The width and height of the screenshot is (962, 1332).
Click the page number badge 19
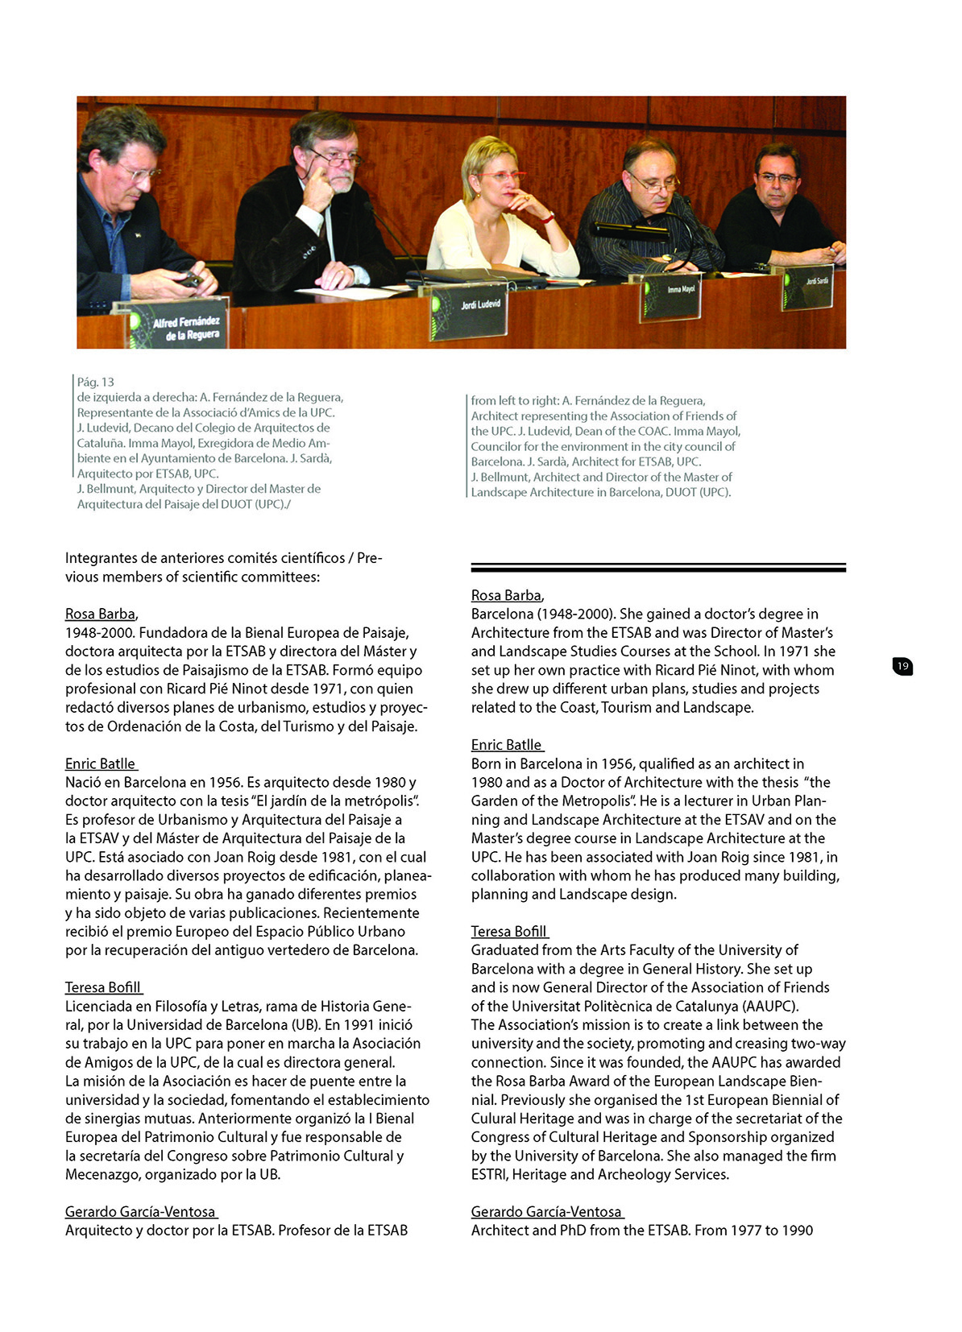[902, 666]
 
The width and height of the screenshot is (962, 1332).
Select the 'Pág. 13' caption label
[96, 382]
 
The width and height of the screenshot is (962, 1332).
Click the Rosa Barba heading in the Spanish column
[101, 614]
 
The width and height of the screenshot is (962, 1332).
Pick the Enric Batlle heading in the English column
[507, 745]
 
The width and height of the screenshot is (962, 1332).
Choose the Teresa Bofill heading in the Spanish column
[103, 987]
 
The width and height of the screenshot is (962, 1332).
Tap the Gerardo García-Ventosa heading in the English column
[546, 1211]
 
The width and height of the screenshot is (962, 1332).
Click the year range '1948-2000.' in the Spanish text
[100, 633]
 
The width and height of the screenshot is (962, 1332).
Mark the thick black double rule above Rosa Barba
[658, 568]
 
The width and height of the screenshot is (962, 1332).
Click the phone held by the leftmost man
[191, 280]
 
